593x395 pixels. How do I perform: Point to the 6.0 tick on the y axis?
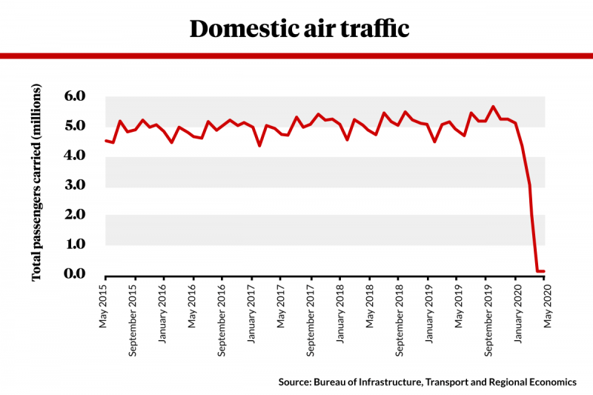[77, 96]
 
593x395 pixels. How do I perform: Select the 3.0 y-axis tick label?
[77, 185]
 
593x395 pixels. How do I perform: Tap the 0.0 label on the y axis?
[77, 273]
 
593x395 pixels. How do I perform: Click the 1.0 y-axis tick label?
[77, 244]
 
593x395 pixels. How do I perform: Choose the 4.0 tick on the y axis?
[77, 156]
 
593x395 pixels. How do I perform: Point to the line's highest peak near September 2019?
[494, 107]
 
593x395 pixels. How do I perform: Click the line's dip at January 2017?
[259, 145]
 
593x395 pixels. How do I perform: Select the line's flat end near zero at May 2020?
[542, 271]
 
